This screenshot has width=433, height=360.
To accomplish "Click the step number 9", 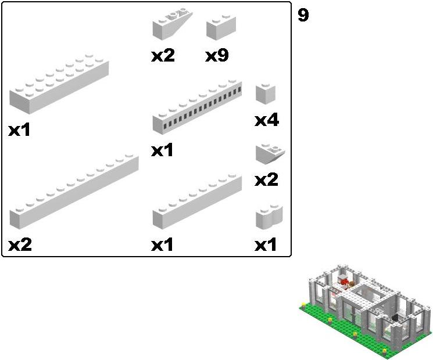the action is coord(303,15).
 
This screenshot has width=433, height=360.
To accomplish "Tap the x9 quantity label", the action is coord(217,55).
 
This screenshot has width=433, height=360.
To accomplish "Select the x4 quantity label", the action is coord(267,120).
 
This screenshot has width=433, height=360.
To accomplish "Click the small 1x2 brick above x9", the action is coord(221,27).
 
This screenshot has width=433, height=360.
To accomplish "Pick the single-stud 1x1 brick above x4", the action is coord(266,94).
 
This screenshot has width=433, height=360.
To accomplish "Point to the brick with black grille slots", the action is coord(197,107).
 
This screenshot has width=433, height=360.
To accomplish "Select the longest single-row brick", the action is coord(74,192).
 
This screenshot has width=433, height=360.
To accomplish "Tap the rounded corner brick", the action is coord(270,217).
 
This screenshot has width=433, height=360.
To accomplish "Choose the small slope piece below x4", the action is coord(270,154).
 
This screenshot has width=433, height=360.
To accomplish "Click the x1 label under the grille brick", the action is coord(162,150).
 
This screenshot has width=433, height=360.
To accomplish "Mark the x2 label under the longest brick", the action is coord(20,244).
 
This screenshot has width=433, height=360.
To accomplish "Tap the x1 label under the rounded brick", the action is coord(265,244).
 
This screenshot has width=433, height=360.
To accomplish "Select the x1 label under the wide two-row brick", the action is coord(19,129).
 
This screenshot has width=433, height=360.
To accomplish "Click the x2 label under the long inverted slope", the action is coord(163,55).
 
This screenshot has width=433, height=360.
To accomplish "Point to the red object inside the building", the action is coord(344,282).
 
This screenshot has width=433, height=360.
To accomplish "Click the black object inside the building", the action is coord(396,318).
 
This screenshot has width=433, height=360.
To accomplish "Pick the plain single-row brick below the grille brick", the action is coord(197,201).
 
